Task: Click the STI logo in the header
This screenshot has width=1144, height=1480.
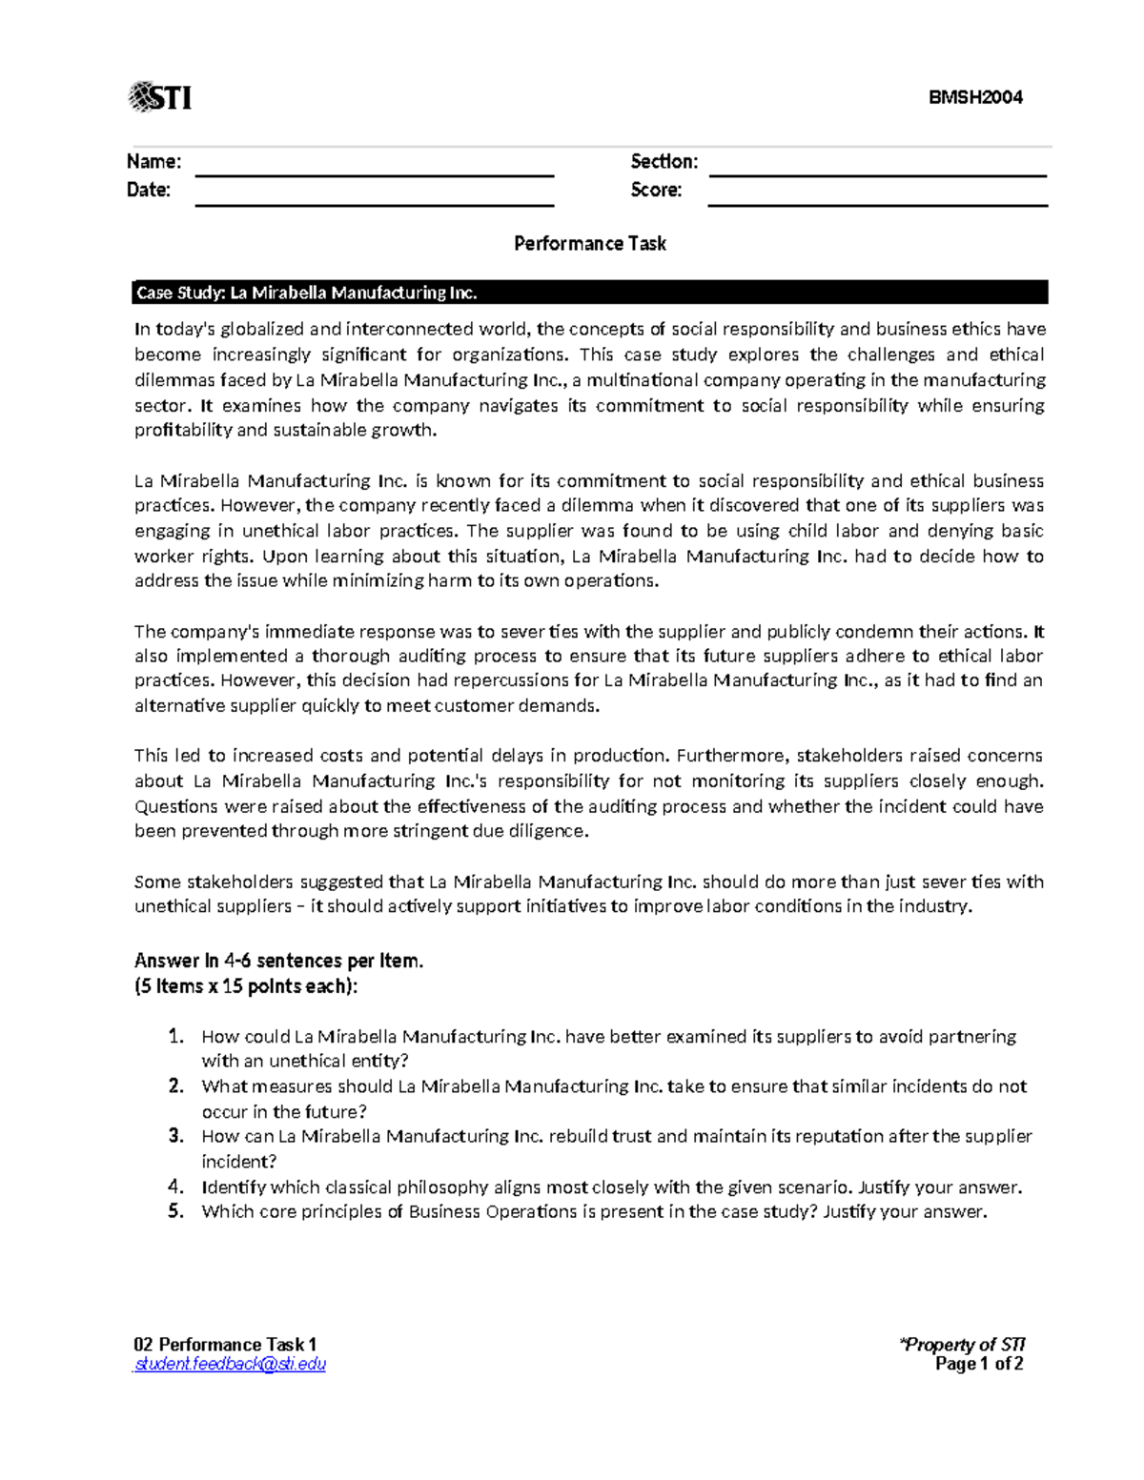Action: pos(160,97)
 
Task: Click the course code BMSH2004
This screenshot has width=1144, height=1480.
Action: pos(975,97)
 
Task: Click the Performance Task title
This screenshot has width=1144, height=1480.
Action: pos(589,244)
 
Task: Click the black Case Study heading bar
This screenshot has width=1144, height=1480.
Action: pos(589,293)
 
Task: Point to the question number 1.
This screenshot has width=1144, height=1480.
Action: pos(175,1036)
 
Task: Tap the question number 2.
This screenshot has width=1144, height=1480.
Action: pos(175,1086)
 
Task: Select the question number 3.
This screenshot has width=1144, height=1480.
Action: pos(175,1136)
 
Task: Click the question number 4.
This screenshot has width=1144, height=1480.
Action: pos(175,1187)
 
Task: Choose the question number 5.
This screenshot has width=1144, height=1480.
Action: pos(175,1212)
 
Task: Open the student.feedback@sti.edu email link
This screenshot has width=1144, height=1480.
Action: pos(230,1365)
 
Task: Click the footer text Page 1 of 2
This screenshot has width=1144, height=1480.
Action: pos(979,1365)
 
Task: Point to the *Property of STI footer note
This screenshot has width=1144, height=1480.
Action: pos(962,1345)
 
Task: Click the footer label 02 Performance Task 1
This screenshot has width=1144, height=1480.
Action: pos(225,1345)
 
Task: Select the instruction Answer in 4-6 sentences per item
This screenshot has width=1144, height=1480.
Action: pos(278,961)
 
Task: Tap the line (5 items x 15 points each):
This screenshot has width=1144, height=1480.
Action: pos(246,986)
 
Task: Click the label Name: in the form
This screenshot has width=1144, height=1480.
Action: pos(153,162)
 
